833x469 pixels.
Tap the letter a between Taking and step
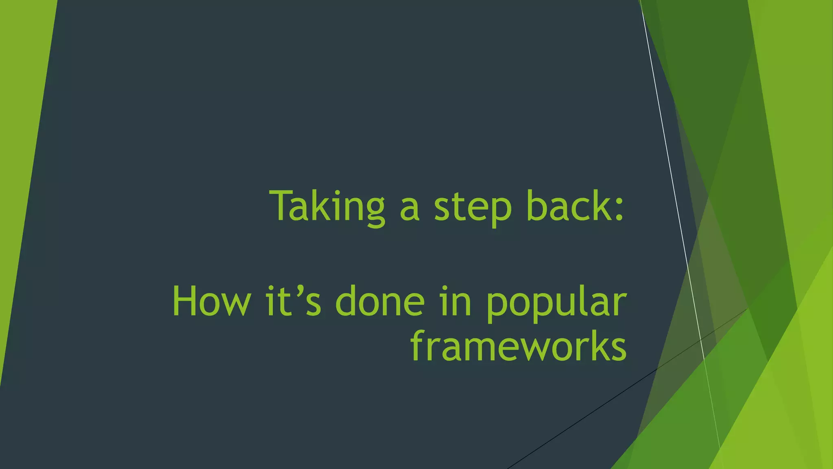[409, 210]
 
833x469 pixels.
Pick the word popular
[556, 303]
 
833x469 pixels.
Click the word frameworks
[519, 346]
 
